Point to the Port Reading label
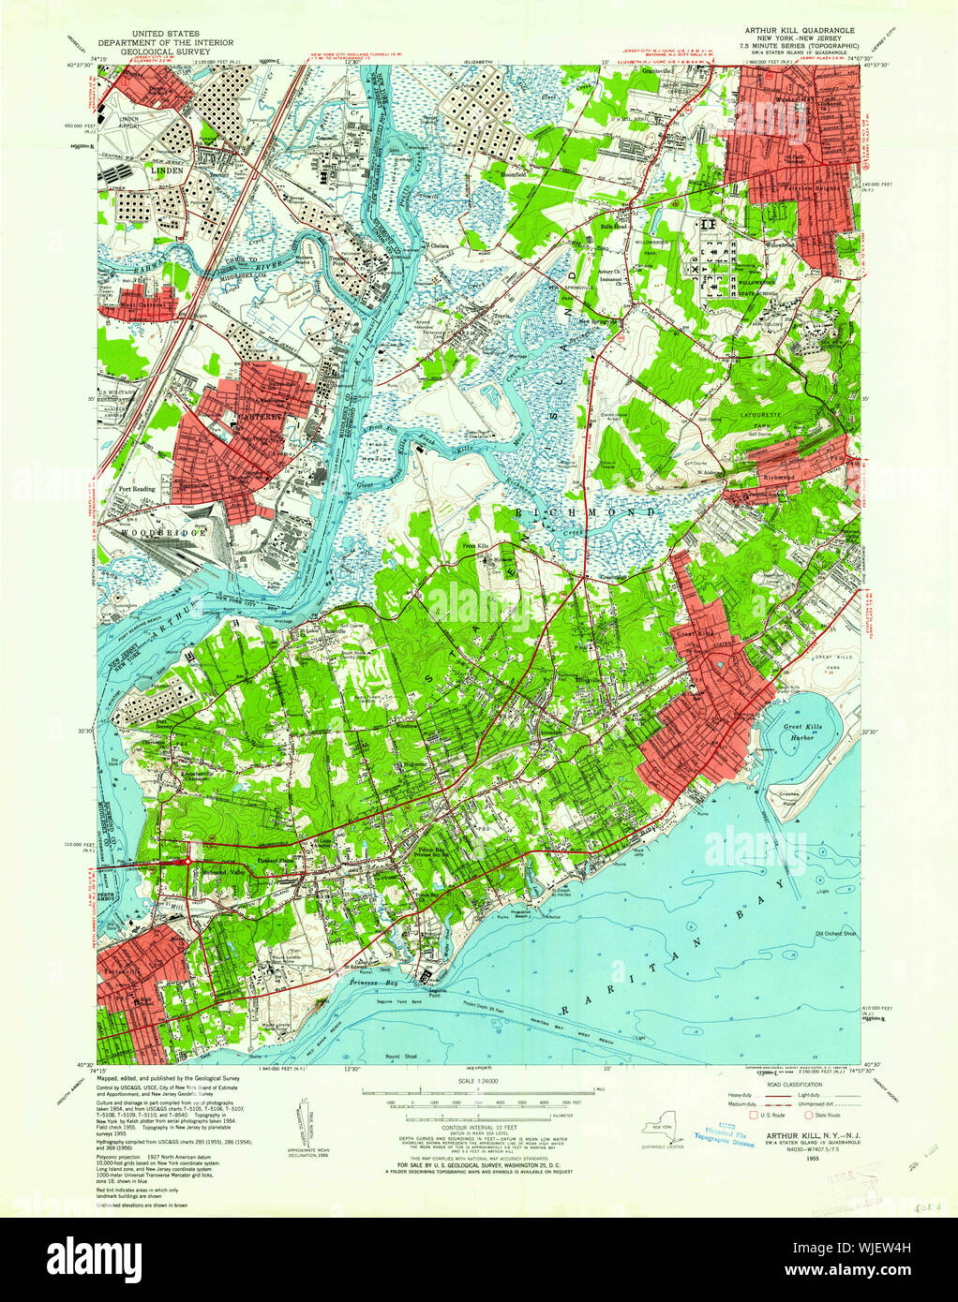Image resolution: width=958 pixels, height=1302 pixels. pos(137,489)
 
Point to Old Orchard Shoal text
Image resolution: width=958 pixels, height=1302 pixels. pos(836,933)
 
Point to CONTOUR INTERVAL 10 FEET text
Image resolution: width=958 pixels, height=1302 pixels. pos(477,1133)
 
